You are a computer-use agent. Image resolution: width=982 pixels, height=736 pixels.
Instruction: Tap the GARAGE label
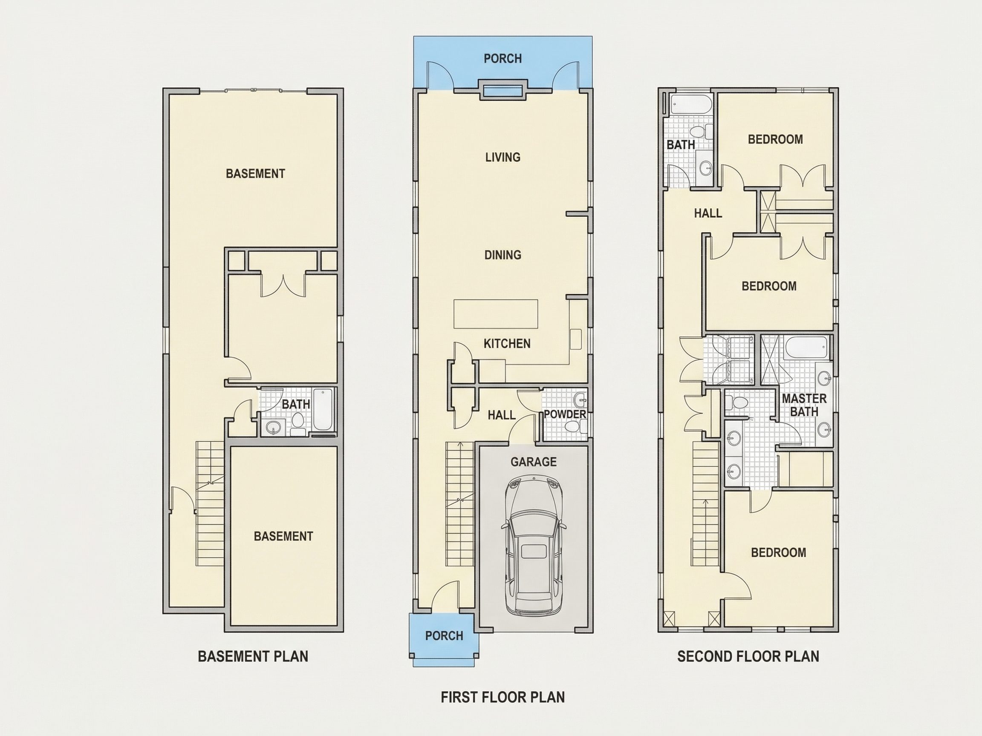(533, 462)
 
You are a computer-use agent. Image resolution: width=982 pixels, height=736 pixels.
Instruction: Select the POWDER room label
(565, 414)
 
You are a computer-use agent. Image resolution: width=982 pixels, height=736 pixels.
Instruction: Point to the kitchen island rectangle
(495, 313)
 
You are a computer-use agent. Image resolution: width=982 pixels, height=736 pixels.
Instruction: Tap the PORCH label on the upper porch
(503, 58)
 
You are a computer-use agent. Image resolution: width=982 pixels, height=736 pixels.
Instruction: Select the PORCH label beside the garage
(444, 636)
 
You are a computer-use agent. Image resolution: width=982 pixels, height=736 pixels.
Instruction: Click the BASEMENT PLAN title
(253, 657)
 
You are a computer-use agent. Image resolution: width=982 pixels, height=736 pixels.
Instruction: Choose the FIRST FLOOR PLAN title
(503, 697)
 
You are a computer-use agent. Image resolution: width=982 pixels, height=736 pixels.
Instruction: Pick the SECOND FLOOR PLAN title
(748, 657)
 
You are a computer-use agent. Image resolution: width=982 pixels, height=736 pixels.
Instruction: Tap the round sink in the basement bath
(273, 428)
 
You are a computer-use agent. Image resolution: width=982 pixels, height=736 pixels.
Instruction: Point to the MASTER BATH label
(804, 405)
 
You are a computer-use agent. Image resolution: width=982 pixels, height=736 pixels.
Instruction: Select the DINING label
(503, 255)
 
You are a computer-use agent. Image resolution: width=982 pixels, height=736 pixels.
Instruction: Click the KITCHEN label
(507, 343)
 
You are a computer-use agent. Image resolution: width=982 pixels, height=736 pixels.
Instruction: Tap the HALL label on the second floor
(708, 213)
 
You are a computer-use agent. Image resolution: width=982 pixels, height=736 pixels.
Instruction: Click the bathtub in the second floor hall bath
(691, 105)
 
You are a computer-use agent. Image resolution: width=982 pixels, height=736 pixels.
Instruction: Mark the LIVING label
(503, 157)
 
